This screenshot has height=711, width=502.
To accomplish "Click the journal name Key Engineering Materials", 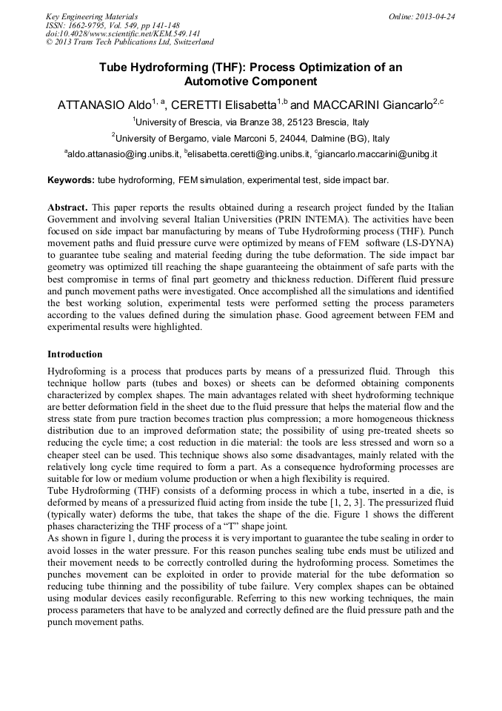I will tap(92, 16).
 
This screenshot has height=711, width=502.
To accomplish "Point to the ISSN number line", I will tap(113, 24).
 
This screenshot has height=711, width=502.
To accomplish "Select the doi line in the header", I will tap(123, 33).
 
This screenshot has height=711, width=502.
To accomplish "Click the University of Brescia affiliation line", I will tap(251, 122).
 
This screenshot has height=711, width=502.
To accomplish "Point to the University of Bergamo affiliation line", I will tap(251, 139).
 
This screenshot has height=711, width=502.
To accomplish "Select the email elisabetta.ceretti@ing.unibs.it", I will tap(248, 155).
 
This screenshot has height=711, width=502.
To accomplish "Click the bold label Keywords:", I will tap(71, 180).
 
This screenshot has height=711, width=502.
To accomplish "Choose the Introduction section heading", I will tap(75, 354).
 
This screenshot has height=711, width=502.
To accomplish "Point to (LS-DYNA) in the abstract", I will tap(428, 242).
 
